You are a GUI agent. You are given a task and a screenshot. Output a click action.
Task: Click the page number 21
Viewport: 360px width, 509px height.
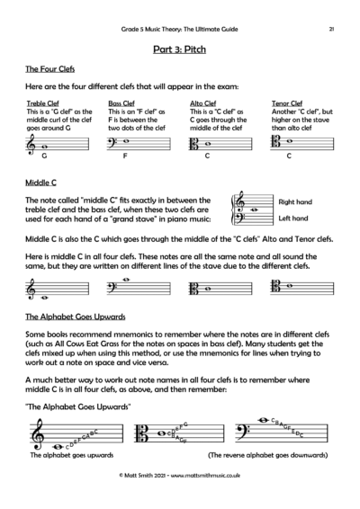(332, 30)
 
